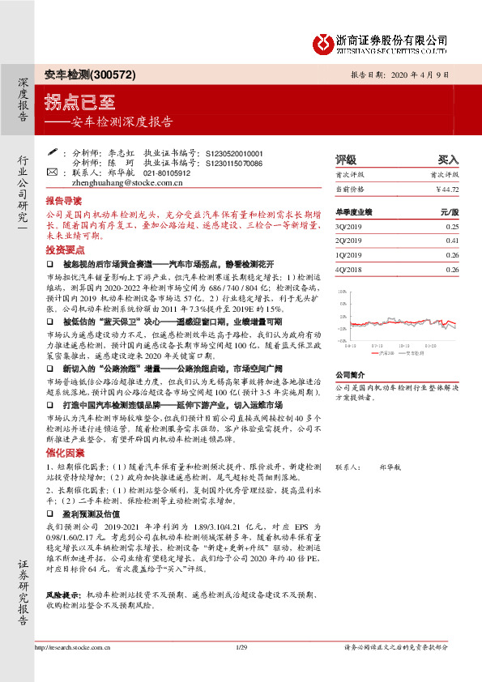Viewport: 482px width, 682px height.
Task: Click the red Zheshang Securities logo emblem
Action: (x=326, y=41)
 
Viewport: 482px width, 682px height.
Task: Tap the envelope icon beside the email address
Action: (x=53, y=173)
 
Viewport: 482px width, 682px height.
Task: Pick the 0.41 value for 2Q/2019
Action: (x=452, y=241)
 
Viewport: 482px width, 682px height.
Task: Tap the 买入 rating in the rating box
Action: (x=448, y=159)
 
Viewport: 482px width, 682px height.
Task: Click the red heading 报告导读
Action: (x=63, y=199)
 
